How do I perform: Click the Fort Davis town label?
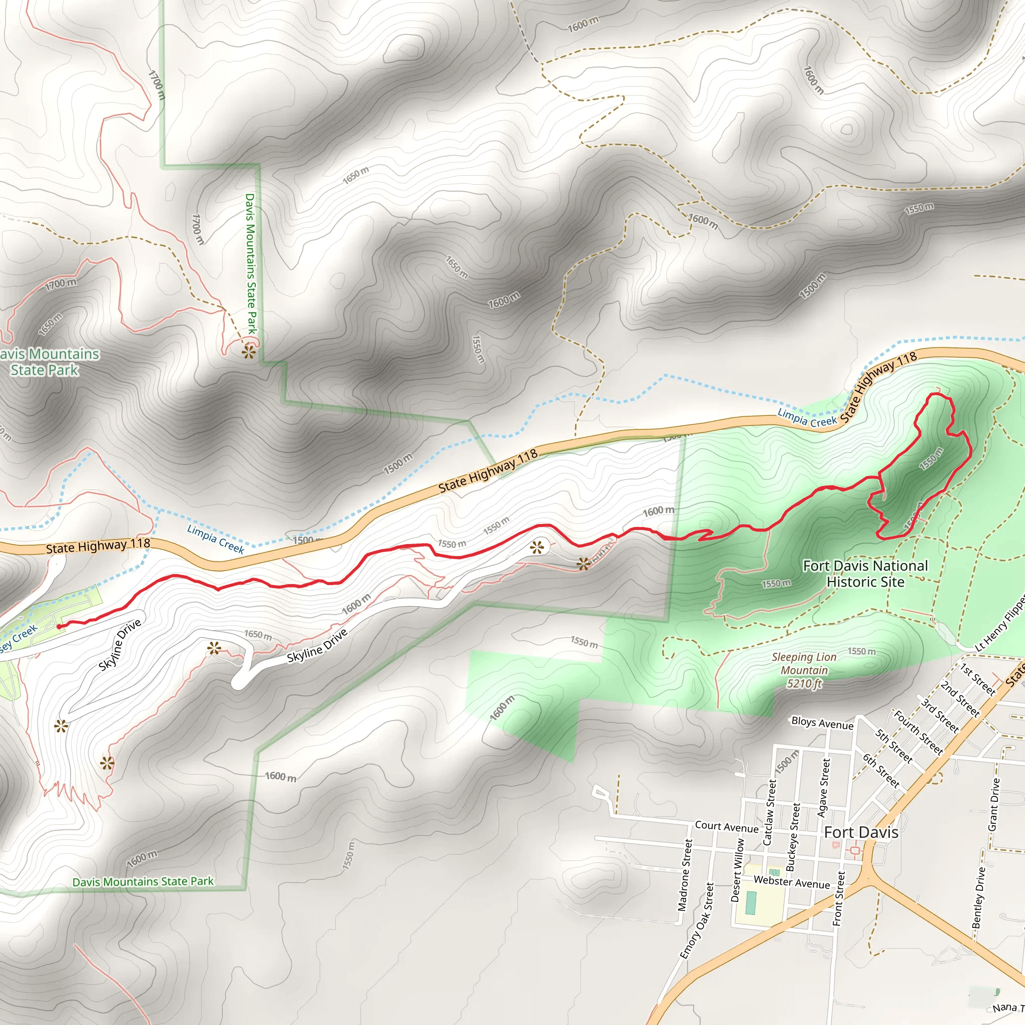coord(860,832)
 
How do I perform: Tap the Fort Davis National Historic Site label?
coord(865,574)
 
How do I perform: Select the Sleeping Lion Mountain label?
coord(804,670)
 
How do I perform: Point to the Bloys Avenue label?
coord(822,723)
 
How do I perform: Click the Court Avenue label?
coord(726,827)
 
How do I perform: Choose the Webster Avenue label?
coord(792,882)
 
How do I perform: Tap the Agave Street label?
coord(823,787)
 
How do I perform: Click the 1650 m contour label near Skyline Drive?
coord(258,635)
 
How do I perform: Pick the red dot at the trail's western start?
coord(59,627)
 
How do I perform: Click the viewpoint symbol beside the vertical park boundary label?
coord(249,351)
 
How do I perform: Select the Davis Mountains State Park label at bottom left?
coord(143,881)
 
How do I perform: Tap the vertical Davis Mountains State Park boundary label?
coord(250,264)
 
